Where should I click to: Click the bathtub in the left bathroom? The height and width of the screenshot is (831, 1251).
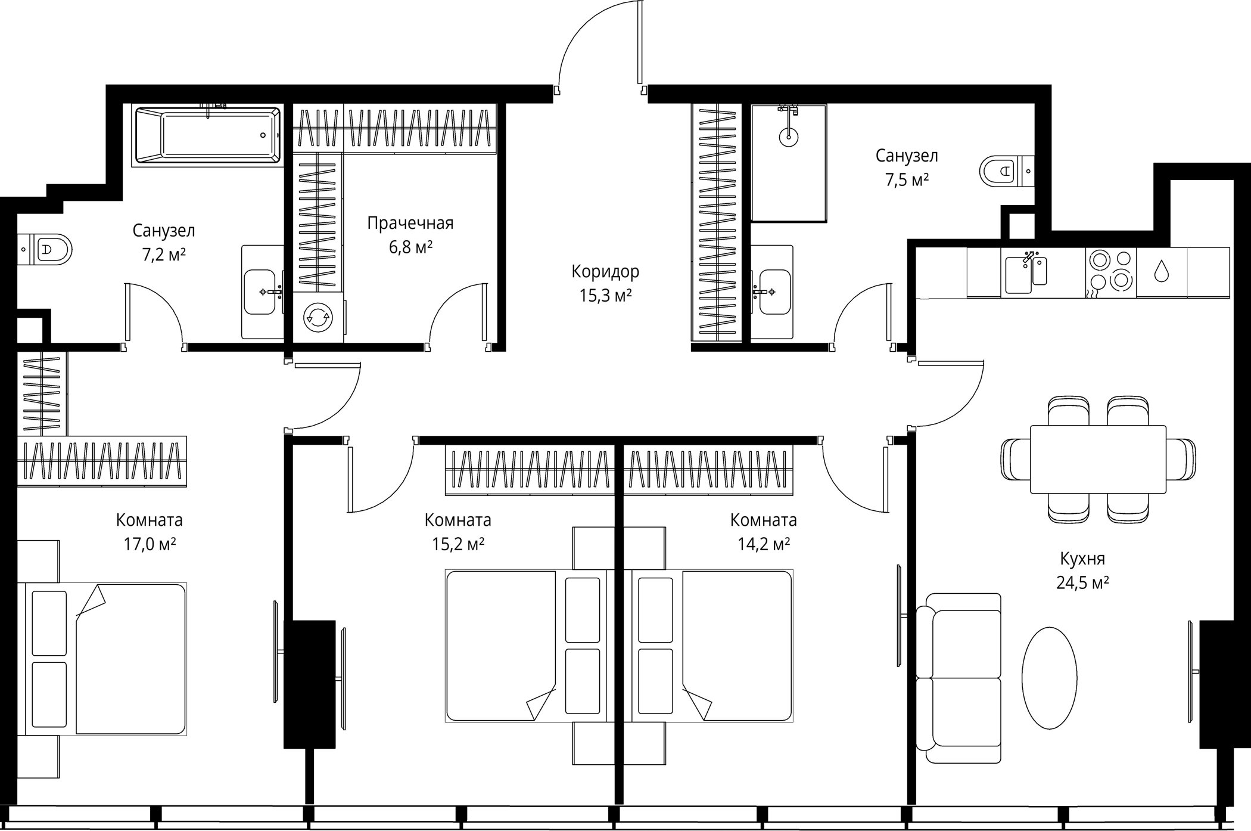click(x=207, y=135)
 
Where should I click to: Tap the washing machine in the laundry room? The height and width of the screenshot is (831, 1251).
click(x=318, y=317)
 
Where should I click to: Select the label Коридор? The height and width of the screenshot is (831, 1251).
click(x=605, y=272)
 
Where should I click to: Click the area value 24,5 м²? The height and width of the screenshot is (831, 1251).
click(x=1082, y=583)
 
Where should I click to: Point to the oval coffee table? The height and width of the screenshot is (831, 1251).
click(x=1049, y=678)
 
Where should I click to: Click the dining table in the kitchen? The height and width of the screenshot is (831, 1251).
click(x=1098, y=459)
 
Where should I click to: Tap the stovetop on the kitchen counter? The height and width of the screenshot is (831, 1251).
click(x=1110, y=271)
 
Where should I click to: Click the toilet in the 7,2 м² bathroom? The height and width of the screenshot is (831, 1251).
click(x=52, y=249)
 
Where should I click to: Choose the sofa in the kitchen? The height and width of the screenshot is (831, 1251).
click(x=959, y=678)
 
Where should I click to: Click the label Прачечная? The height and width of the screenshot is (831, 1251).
click(x=410, y=224)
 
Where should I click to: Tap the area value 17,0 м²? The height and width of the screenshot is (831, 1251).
click(x=150, y=544)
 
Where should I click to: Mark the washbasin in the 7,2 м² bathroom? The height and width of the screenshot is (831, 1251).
click(x=260, y=292)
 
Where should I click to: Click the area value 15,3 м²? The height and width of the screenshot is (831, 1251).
click(x=605, y=296)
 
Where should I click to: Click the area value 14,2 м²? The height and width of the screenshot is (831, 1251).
click(x=764, y=544)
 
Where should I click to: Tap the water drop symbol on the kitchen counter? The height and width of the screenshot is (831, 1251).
click(x=1161, y=271)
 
